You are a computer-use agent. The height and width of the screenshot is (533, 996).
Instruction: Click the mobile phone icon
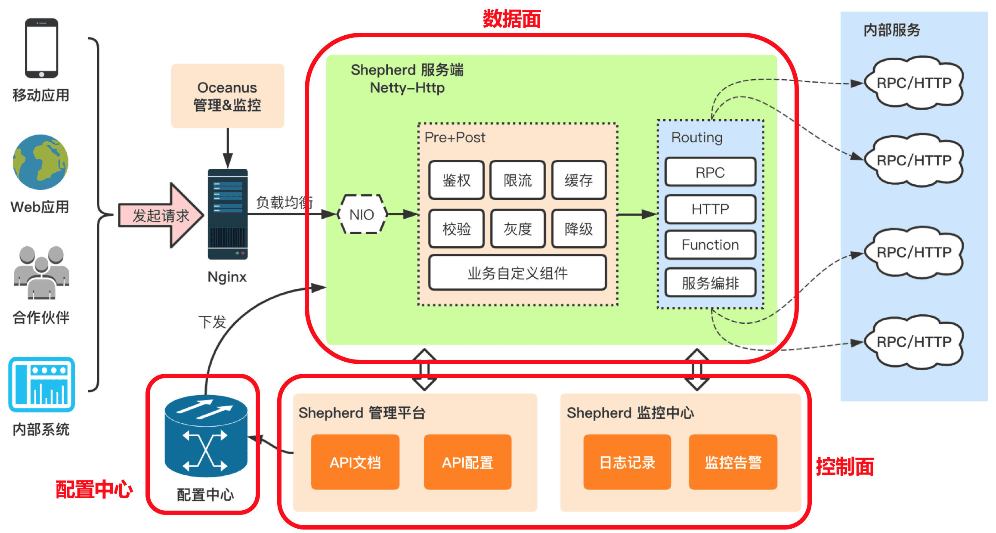pyautogui.click(x=41, y=48)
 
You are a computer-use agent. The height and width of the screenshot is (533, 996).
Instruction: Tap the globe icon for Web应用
pyautogui.click(x=40, y=162)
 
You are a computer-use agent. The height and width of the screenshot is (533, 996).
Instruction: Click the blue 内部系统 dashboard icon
pyautogui.click(x=41, y=384)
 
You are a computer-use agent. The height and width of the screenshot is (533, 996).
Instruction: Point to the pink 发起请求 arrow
pyautogui.click(x=161, y=215)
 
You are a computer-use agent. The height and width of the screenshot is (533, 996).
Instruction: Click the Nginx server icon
pyautogui.click(x=228, y=214)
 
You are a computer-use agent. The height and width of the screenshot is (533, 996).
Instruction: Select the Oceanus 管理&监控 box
pyautogui.click(x=227, y=96)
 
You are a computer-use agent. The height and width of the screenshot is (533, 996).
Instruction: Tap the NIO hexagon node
pyautogui.click(x=362, y=214)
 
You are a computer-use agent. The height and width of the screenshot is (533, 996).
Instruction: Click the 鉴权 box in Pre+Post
pyautogui.click(x=457, y=180)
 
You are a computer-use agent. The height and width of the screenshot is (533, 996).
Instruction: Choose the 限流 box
pyautogui.click(x=518, y=180)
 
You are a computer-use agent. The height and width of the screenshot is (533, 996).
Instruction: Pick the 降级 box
pyautogui.click(x=579, y=229)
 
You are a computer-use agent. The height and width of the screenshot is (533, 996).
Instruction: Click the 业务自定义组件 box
pyautogui.click(x=518, y=273)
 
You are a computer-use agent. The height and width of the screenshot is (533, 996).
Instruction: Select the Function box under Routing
pyautogui.click(x=710, y=245)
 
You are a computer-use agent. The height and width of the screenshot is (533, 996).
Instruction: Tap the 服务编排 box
pyautogui.click(x=710, y=283)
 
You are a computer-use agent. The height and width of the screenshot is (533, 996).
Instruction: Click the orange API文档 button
pyautogui.click(x=355, y=462)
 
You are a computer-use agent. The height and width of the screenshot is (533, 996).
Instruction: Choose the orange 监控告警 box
pyautogui.click(x=733, y=462)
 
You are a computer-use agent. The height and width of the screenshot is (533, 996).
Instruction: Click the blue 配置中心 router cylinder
pyautogui.click(x=206, y=436)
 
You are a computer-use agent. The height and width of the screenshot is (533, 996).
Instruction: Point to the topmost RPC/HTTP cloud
pyautogui.click(x=914, y=83)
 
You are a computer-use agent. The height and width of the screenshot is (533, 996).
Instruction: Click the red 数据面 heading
pyautogui.click(x=511, y=19)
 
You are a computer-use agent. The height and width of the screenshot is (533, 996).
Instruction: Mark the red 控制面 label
pyautogui.click(x=844, y=467)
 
